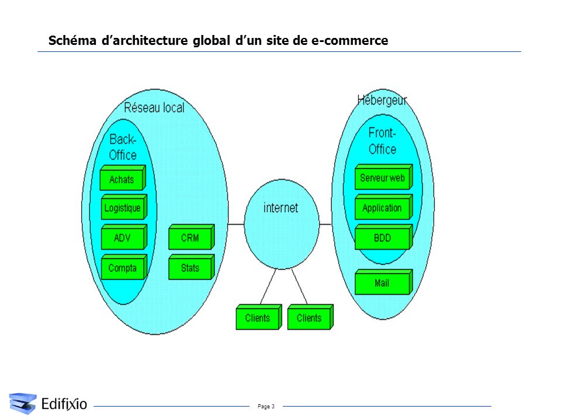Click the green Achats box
(x=123, y=177)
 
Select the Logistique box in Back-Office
(x=124, y=206)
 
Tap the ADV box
(x=124, y=237)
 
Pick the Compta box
(x=124, y=267)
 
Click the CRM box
(x=192, y=237)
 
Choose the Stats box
(x=192, y=267)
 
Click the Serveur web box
(x=383, y=177)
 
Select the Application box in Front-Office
(x=383, y=206)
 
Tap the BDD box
(x=383, y=237)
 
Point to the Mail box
(x=383, y=282)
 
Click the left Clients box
(x=259, y=317)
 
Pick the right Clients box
(x=310, y=317)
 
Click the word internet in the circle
(x=280, y=208)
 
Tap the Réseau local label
(x=154, y=107)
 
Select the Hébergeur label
(x=382, y=100)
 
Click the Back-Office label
(x=123, y=147)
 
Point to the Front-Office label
(x=382, y=141)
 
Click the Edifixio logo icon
(x=23, y=403)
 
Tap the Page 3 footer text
(x=266, y=407)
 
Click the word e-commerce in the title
(x=349, y=40)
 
